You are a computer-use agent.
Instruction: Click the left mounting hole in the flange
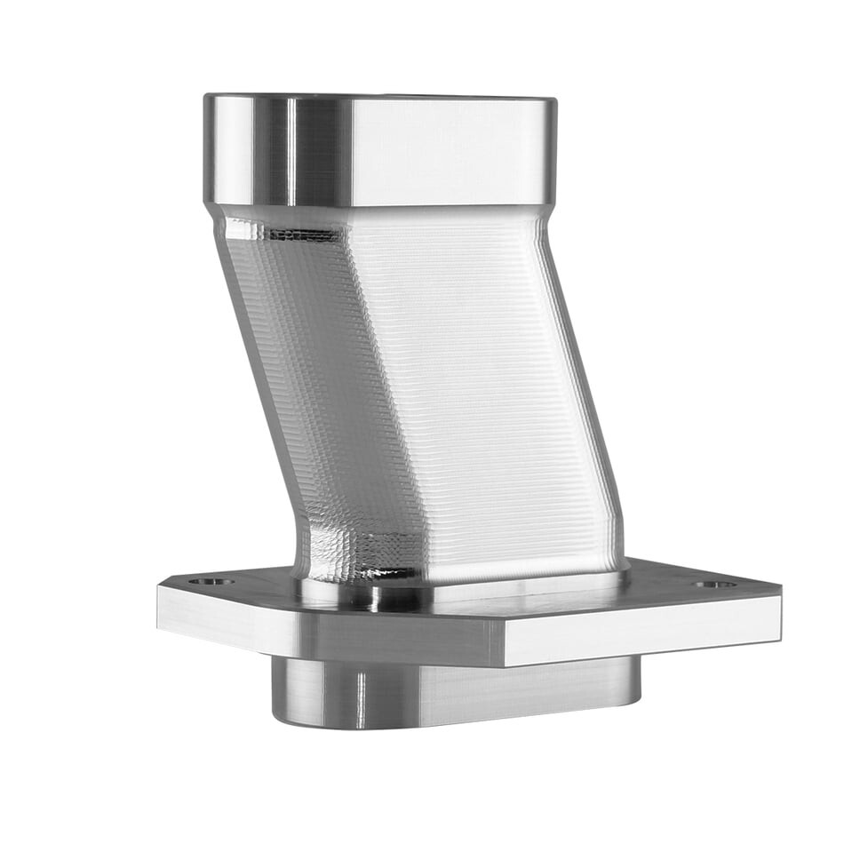(x=211, y=582)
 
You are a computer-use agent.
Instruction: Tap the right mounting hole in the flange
(x=715, y=585)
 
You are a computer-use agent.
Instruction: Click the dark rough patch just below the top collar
(x=302, y=235)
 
